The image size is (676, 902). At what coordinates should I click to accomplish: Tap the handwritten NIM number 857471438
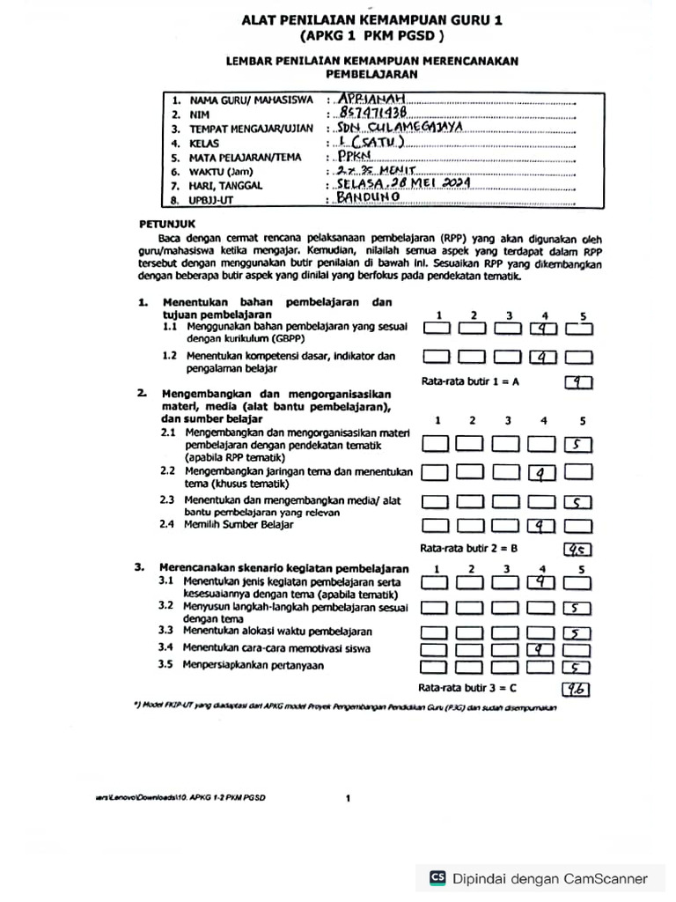pos(374,114)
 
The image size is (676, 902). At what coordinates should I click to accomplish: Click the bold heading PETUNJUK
pos(162,224)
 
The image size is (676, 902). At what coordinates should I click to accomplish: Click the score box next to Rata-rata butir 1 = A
pos(578,382)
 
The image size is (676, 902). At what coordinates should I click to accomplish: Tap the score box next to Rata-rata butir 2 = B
pos(578,550)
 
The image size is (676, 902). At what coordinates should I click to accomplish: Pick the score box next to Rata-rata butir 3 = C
pos(577,689)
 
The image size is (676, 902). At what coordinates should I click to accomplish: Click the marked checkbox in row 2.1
pos(577,446)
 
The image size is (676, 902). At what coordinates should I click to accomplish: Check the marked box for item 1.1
pos(543,329)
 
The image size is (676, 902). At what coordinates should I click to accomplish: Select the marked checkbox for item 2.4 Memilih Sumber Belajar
pos(542,527)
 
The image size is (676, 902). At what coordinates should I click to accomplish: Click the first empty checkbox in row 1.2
pos(437,358)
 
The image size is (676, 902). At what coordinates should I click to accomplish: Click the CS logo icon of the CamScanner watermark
pos(437,878)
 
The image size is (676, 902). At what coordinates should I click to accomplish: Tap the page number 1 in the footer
pos(349,798)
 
